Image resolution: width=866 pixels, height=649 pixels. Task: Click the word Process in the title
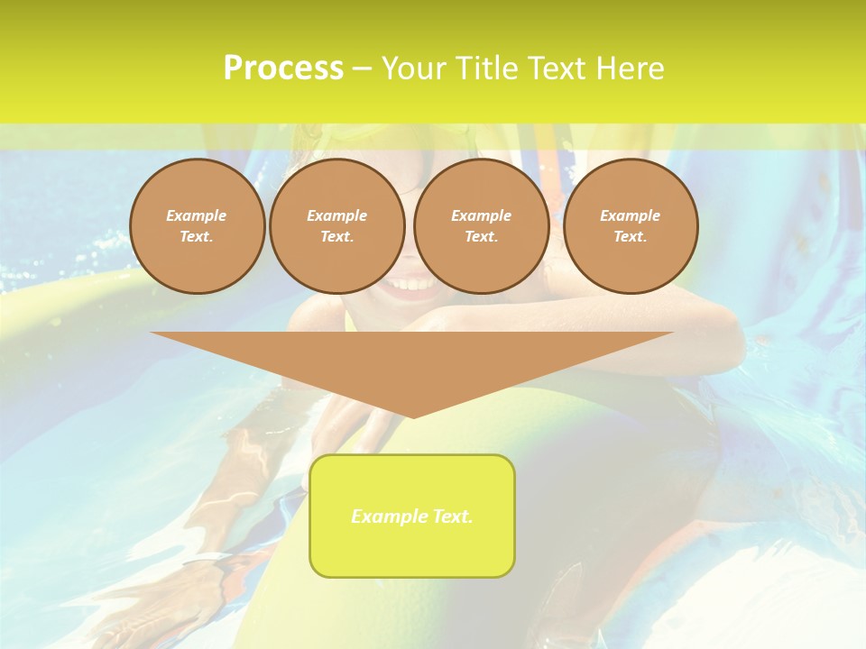coord(283,69)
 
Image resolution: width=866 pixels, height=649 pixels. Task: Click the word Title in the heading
coord(484,69)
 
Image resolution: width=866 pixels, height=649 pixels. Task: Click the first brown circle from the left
coord(197,226)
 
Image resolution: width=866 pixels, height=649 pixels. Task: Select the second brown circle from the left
coord(337,226)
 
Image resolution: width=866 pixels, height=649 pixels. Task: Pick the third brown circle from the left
coord(482,226)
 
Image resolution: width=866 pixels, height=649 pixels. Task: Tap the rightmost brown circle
coord(631,226)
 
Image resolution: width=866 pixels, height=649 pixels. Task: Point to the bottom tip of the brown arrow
coord(413,416)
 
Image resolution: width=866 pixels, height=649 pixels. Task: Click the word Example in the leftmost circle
coord(197,215)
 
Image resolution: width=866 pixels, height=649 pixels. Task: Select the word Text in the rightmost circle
coord(630,237)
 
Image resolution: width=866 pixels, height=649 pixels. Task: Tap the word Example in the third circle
coord(482,215)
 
